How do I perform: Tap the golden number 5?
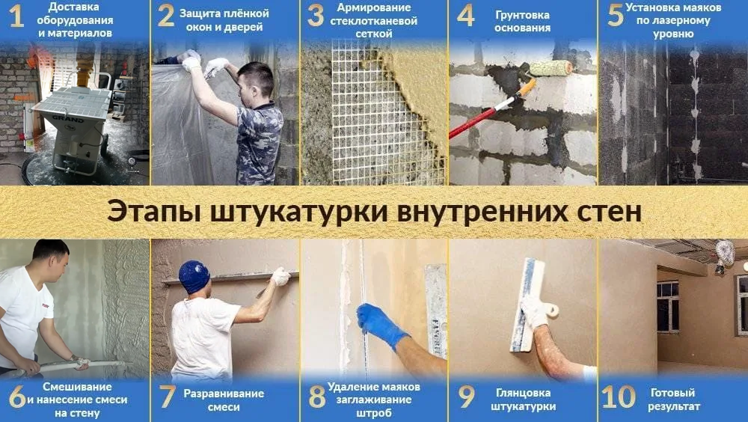615,15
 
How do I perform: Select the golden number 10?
619,397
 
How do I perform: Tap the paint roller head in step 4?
551,68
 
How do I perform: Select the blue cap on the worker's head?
194,277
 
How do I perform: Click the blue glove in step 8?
381,325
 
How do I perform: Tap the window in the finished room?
668,307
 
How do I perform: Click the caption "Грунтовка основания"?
522,22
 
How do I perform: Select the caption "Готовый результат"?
674,400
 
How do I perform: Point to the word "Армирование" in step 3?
373,7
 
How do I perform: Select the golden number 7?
168,397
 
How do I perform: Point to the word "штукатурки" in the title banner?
298,212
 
